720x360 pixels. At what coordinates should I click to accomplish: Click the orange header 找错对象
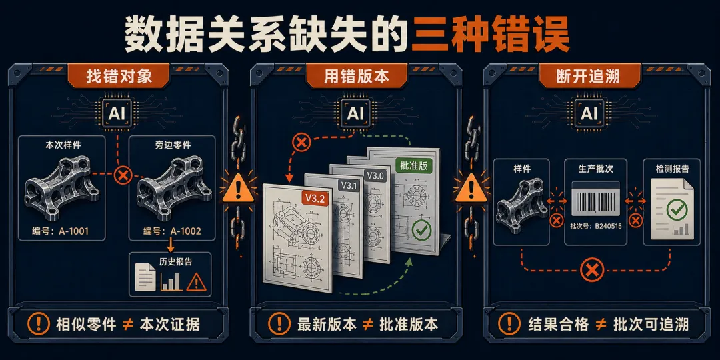[x=119, y=76]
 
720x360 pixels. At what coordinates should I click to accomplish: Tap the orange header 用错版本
[x=356, y=76]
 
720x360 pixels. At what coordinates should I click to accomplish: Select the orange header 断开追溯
[x=590, y=76]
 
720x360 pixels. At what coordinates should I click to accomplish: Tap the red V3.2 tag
[x=315, y=199]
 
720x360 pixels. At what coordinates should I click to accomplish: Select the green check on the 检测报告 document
[x=675, y=210]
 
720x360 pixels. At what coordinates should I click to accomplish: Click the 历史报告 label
[x=176, y=263]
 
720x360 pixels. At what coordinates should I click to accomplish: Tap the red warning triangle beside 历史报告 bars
[x=196, y=282]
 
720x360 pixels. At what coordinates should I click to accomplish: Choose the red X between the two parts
[x=123, y=175]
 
